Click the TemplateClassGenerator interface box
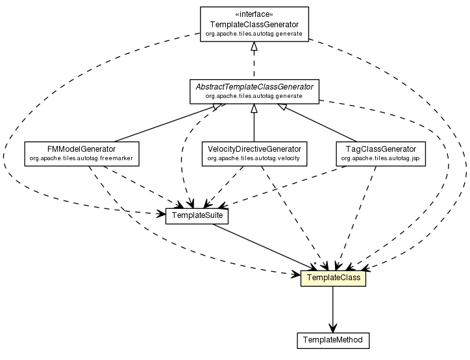coord(254,25)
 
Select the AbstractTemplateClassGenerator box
coord(254,91)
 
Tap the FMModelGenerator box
coord(81,152)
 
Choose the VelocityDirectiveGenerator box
coord(254,152)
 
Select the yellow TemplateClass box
coord(333,278)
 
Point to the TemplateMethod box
coord(333,339)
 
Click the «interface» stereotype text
coord(254,13)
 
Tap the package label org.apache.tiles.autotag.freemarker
coord(81,158)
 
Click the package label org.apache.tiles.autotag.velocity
coord(254,158)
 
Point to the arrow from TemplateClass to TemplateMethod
coord(333,308)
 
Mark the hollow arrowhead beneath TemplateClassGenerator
coord(254,47)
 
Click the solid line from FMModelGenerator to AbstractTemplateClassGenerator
coord(162,123)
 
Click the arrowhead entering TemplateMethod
coord(333,328)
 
